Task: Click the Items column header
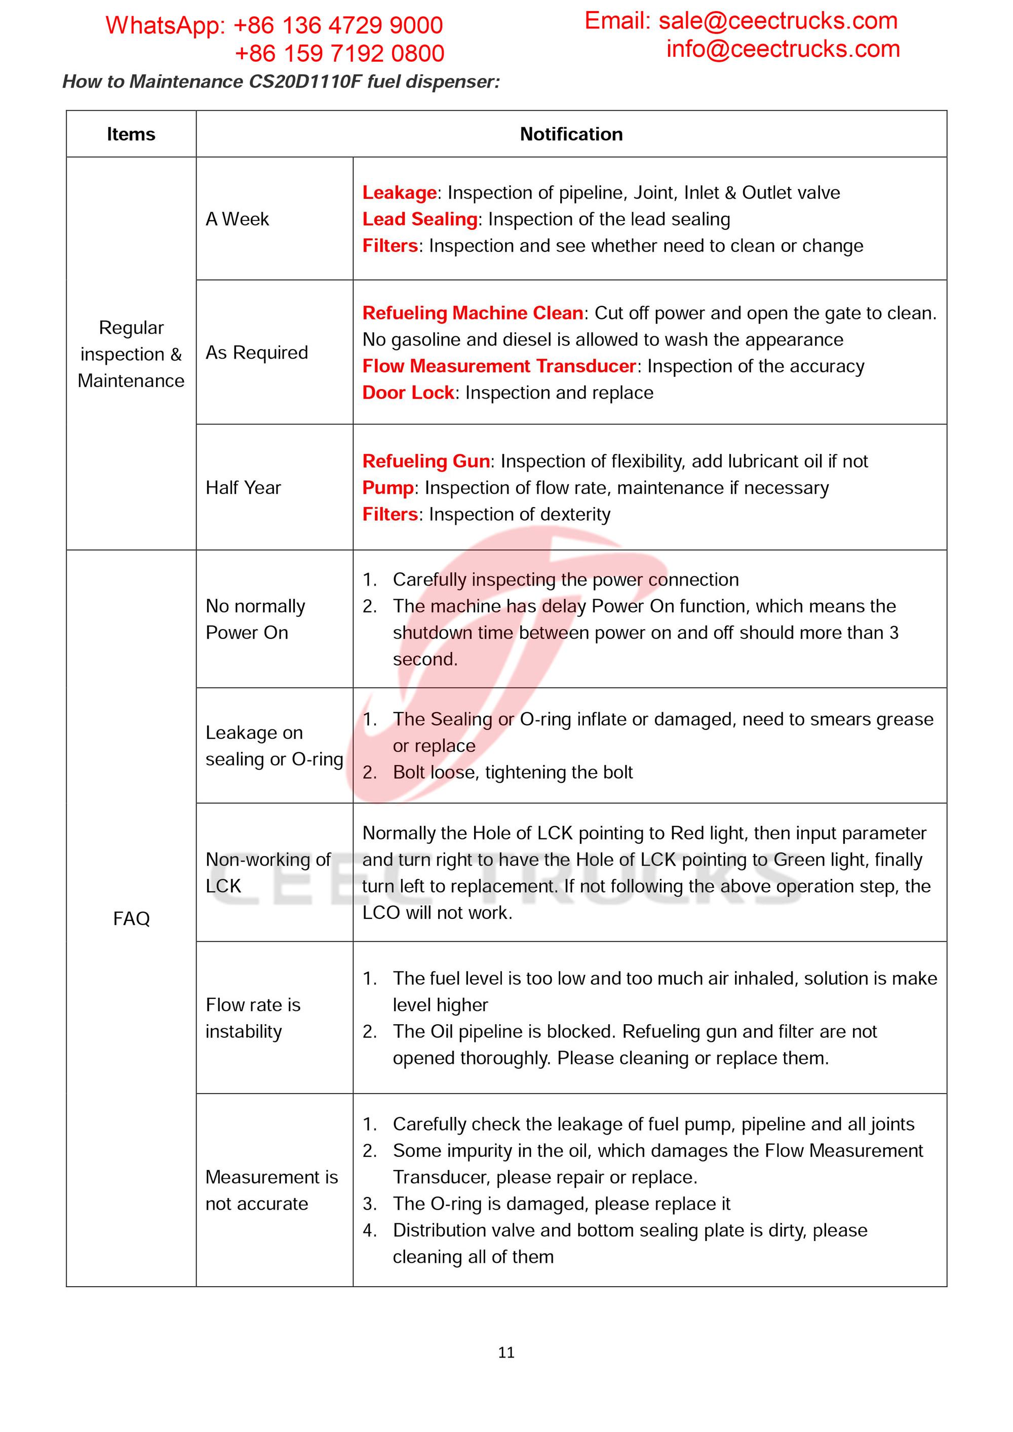pos(131,134)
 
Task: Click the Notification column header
pos(571,134)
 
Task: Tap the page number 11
pos(506,1352)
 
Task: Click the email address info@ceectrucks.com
pos(783,49)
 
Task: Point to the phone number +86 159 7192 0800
pos(339,54)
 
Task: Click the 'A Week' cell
pos(237,219)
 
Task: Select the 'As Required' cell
pos(256,353)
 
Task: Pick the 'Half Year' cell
pos(243,488)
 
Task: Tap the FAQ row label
pos(131,919)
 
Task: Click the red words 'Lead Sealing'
pos(420,219)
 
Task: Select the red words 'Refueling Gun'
pos(426,461)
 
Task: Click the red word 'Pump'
pos(388,488)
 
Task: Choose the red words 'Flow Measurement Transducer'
pos(499,366)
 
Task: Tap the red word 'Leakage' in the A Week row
pos(399,192)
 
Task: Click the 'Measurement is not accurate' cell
pos(271,1190)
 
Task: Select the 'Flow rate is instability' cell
pos(253,1018)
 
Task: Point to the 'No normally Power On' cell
pos(255,620)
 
